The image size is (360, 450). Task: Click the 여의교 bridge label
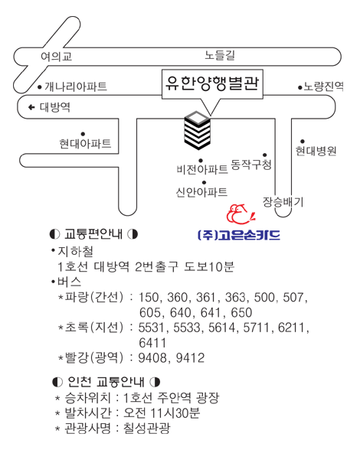[x=56, y=57]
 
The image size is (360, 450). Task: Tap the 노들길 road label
[x=220, y=55]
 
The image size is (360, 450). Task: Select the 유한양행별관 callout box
[x=212, y=84]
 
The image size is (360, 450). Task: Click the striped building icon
[x=198, y=130]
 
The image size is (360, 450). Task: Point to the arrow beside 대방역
[x=31, y=107]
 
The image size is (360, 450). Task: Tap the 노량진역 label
[x=323, y=86]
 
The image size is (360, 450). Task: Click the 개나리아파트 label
[x=76, y=86]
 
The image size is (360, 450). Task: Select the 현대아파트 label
[x=85, y=143]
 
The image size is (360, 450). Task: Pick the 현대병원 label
[x=316, y=151]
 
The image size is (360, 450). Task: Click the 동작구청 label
[x=251, y=165]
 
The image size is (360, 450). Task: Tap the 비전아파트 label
[x=202, y=170]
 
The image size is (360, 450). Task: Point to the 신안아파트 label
[x=201, y=191]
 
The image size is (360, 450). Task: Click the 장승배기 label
[x=283, y=202]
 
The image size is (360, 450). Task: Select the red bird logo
[x=241, y=214]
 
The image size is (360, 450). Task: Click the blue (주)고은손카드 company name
[x=239, y=235]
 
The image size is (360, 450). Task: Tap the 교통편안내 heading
[x=93, y=234]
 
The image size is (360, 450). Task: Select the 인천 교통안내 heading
[x=106, y=382]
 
